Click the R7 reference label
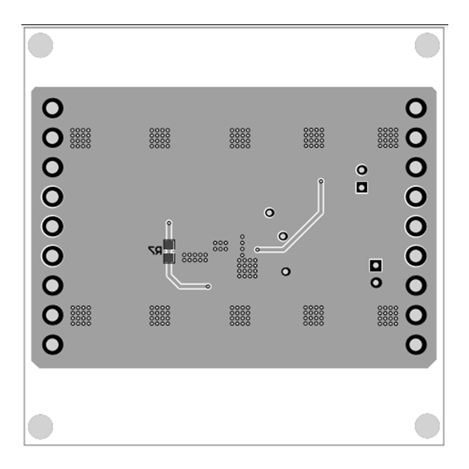tap(152, 250)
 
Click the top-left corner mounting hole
tap(41, 45)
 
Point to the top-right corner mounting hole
tap(427, 45)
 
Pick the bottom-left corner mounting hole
tap(41, 426)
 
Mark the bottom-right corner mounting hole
tap(427, 426)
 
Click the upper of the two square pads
tap(361, 187)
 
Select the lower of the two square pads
tap(376, 266)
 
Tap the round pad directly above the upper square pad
tap(361, 170)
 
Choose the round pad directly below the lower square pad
tap(376, 283)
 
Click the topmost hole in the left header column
tap(52, 108)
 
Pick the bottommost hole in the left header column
tap(52, 343)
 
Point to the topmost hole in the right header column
tap(416, 108)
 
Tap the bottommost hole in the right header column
tap(416, 343)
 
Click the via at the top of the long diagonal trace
tap(321, 181)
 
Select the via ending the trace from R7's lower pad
tap(208, 286)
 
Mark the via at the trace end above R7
tap(169, 223)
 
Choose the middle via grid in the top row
tap(240, 137)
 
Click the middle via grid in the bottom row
tap(240, 315)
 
